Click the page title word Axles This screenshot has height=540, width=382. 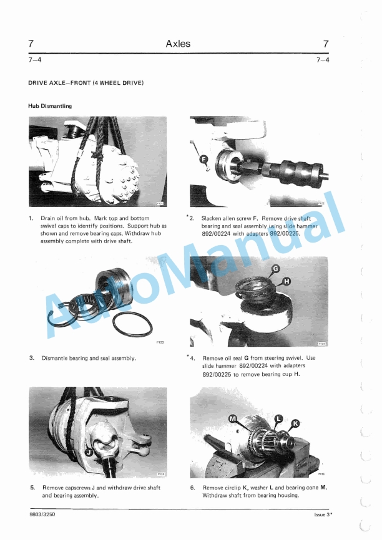tap(178, 44)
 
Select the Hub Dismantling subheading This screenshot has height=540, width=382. tap(50, 106)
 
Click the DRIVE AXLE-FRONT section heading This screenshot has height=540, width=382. tap(86, 82)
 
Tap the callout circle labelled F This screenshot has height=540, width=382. tap(203, 160)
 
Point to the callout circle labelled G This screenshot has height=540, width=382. tap(275, 270)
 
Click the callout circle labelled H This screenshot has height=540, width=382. tap(286, 282)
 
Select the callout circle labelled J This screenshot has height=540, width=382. tap(89, 452)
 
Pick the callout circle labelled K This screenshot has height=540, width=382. tap(295, 423)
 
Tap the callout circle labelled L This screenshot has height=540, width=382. tap(279, 418)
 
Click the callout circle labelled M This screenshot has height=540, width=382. tap(233, 419)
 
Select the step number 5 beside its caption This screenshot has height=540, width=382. tap(32, 487)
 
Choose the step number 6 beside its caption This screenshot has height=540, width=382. tap(193, 487)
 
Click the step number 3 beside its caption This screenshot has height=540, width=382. tap(31, 358)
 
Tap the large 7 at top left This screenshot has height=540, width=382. tap(31, 44)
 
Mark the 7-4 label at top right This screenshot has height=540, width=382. tap(323, 60)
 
